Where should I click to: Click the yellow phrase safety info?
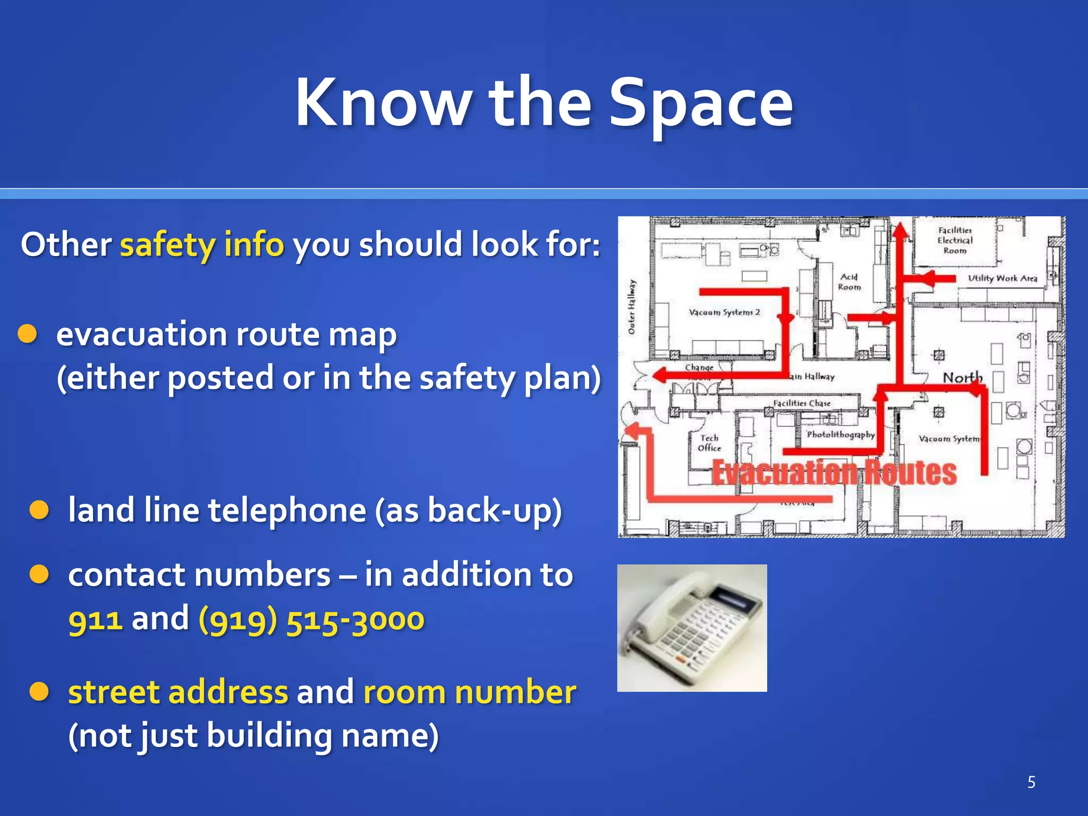[x=202, y=245]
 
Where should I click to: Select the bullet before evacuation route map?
[x=27, y=334]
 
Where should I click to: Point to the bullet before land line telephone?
[x=39, y=510]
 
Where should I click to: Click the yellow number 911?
[x=96, y=619]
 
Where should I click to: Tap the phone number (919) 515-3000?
[x=311, y=619]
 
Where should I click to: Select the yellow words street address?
[x=178, y=693]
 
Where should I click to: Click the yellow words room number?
[x=470, y=693]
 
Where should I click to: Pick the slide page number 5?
[x=1031, y=782]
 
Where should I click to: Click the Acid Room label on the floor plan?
[x=849, y=282]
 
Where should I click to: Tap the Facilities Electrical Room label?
[x=955, y=240]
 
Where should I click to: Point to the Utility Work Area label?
[x=1002, y=278]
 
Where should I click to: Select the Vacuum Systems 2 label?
[x=724, y=312]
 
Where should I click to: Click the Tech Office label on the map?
[x=709, y=443]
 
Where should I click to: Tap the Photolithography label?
[x=840, y=435]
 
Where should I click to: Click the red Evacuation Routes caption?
[x=834, y=472]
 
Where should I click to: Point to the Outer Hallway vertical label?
[x=632, y=307]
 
